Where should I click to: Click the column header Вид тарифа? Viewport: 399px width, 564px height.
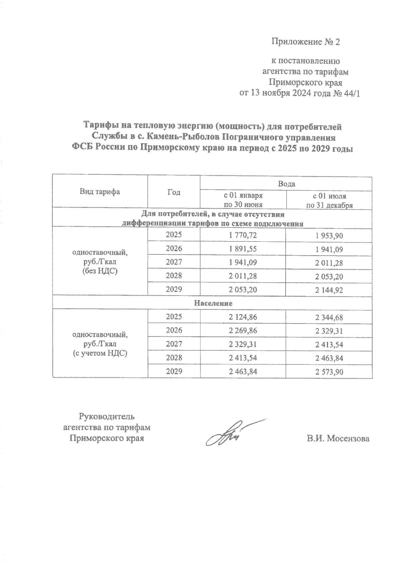click(99, 192)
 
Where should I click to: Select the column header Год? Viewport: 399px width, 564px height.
click(174, 192)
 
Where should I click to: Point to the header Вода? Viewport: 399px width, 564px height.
click(286, 183)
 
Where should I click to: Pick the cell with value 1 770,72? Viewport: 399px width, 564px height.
click(243, 235)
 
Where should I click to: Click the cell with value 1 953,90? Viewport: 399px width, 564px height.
click(329, 236)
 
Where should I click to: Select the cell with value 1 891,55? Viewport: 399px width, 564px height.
click(243, 249)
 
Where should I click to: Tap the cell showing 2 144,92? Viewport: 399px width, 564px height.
click(329, 290)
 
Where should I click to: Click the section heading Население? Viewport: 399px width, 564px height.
click(213, 303)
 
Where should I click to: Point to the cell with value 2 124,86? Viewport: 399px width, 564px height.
click(243, 317)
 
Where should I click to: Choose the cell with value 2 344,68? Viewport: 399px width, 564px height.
click(329, 318)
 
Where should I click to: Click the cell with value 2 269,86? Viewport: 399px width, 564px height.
click(243, 331)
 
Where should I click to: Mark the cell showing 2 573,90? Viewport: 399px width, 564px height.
click(329, 372)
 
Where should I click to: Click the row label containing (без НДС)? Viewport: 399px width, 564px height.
click(100, 271)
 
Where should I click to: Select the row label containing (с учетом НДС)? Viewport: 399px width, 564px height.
click(100, 353)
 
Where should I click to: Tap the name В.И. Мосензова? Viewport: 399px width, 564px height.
click(338, 438)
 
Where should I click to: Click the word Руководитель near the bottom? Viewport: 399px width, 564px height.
click(106, 416)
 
